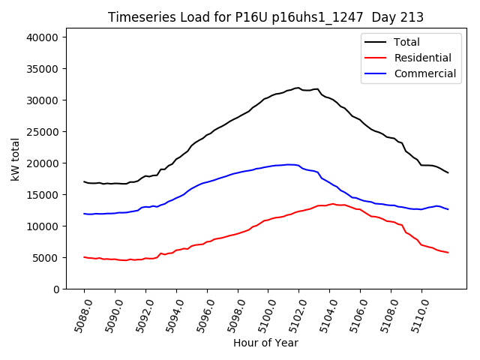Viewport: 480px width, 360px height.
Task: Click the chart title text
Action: click(265, 17)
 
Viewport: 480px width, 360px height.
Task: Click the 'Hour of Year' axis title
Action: click(265, 343)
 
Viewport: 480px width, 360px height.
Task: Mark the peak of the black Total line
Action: click(298, 88)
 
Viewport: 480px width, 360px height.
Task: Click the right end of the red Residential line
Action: click(448, 253)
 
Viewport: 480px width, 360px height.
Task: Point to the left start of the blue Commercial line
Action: click(84, 214)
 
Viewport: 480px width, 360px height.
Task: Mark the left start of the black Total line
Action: click(84, 181)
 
